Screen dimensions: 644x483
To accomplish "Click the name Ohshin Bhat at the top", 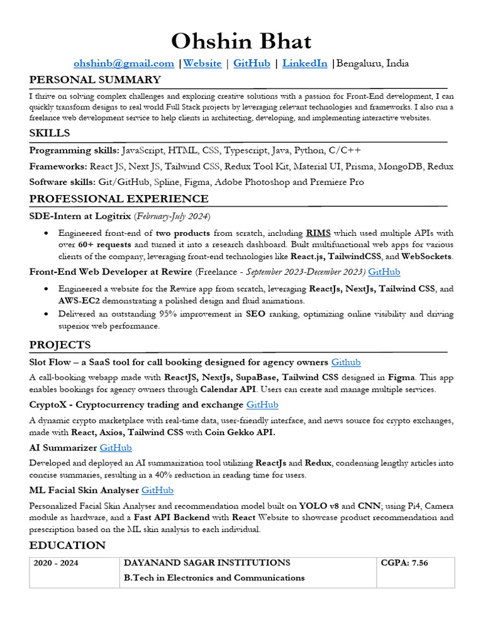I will click(x=241, y=42).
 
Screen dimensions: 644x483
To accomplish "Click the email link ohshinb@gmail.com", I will click(x=124, y=64).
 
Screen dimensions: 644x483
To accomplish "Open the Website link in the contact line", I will click(x=203, y=64).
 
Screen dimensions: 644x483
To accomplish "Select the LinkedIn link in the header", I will click(x=304, y=64).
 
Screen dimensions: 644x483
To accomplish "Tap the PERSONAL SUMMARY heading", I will click(x=95, y=80).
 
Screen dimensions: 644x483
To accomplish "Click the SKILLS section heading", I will click(x=50, y=133).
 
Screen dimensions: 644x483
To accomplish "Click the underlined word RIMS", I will click(x=319, y=233).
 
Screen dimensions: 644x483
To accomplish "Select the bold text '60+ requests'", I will click(x=104, y=244).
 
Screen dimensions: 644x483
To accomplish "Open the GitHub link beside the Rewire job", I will click(x=384, y=272).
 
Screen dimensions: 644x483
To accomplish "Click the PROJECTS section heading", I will click(x=60, y=345).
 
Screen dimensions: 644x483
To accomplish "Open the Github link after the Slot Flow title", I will click(x=346, y=362).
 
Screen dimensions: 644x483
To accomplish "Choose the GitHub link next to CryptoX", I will click(x=262, y=405).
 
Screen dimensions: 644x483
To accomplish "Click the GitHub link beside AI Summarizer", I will click(x=116, y=448).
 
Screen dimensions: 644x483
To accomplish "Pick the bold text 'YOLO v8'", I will click(x=319, y=506).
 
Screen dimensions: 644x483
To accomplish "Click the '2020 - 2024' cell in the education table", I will click(x=56, y=563).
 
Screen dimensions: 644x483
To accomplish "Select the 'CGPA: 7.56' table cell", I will click(x=404, y=563).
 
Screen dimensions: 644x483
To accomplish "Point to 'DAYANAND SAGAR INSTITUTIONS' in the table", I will click(x=207, y=563).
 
